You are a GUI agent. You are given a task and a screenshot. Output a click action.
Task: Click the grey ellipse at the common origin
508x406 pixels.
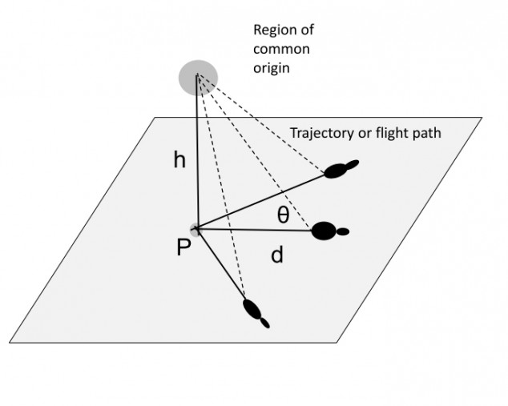[x=196, y=76]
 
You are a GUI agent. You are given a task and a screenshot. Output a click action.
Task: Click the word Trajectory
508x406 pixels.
[x=319, y=133]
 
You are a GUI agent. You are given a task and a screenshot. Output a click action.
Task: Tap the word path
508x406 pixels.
[x=426, y=133]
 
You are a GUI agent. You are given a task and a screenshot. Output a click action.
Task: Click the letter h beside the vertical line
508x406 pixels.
[x=180, y=161]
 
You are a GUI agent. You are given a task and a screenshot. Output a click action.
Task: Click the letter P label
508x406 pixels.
[x=183, y=249]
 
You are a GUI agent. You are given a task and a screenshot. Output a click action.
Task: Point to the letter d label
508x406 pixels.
[x=277, y=255]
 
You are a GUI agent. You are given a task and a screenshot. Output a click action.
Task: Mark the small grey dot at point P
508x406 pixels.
[x=196, y=230]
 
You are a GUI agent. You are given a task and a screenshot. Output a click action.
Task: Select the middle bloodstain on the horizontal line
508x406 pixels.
[x=323, y=231]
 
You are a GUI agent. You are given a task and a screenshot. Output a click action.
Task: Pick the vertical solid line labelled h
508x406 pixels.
[x=196, y=160]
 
